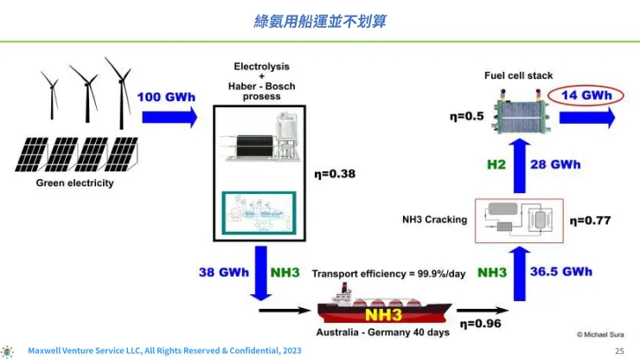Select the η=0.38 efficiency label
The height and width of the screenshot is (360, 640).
334,174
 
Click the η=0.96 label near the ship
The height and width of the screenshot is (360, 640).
479,324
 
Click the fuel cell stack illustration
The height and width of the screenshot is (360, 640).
517,114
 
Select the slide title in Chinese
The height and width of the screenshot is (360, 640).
319,20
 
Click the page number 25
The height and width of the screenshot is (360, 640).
618,350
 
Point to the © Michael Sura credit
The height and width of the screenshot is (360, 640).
602,333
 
